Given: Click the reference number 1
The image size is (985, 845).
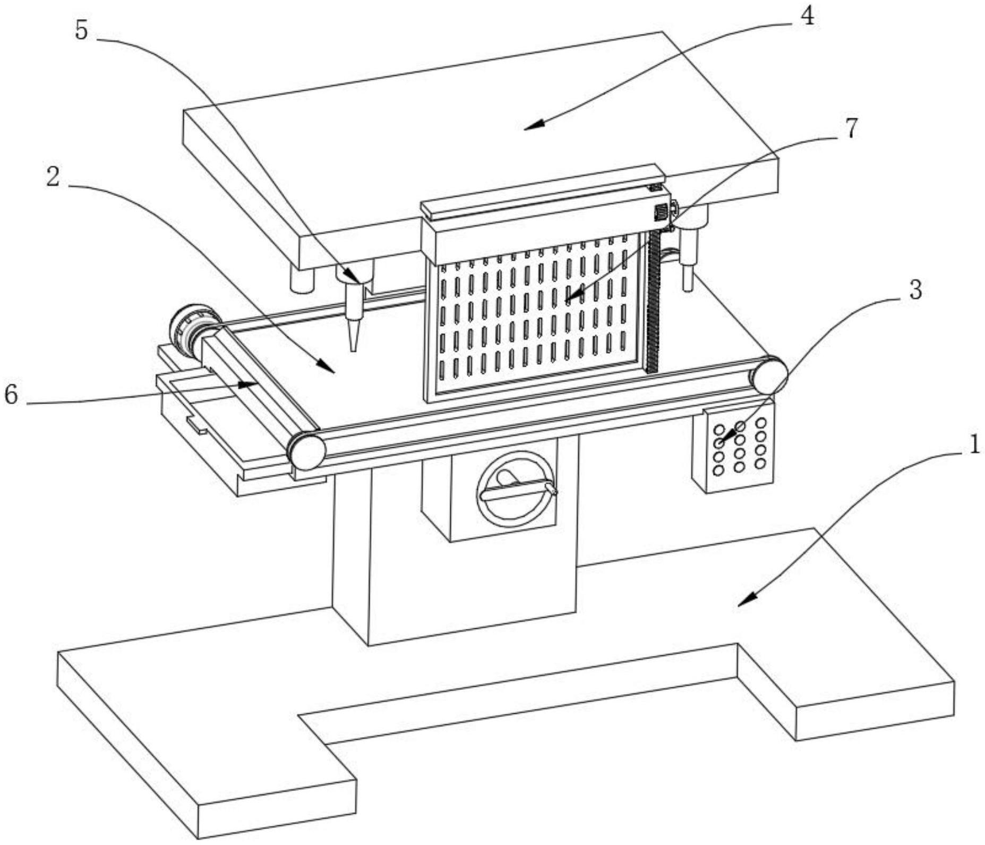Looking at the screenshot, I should pyautogui.click(x=973, y=445).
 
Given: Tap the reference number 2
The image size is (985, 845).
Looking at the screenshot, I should pyautogui.click(x=53, y=177).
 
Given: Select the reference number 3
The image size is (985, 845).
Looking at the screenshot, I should pyautogui.click(x=915, y=290).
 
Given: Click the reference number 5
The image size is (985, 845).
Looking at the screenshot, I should pyautogui.click(x=81, y=30).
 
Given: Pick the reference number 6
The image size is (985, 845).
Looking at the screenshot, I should pyautogui.click(x=11, y=395).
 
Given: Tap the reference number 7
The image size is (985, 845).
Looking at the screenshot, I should pyautogui.click(x=851, y=128).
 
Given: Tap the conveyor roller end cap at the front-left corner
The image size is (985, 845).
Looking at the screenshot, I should pyautogui.click(x=306, y=450).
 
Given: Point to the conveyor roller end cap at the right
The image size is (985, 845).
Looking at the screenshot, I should pyautogui.click(x=768, y=375).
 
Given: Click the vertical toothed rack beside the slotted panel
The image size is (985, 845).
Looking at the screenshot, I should pyautogui.click(x=653, y=303).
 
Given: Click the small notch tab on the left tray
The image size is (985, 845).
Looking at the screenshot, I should pyautogui.click(x=196, y=426).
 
